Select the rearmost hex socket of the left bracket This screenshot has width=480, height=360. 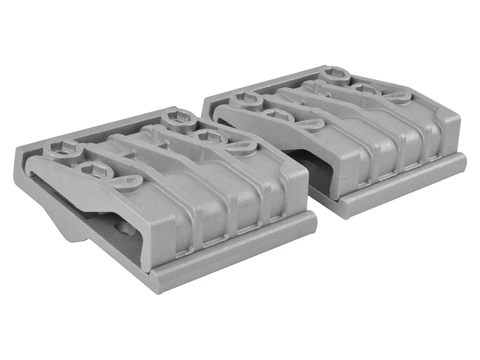pos(179,119)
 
